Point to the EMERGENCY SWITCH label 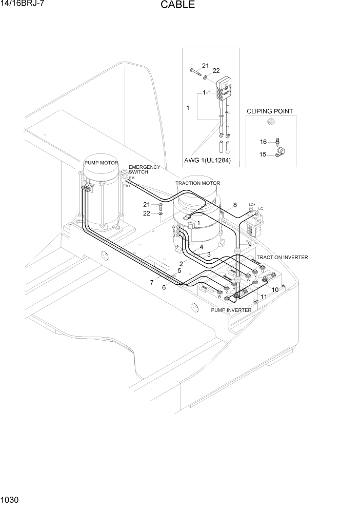[x=144, y=170]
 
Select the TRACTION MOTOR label [x=197, y=183]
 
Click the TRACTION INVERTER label [x=282, y=257]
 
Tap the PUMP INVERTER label [x=231, y=310]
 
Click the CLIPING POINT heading [x=270, y=111]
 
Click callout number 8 [x=235, y=205]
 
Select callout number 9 [x=250, y=244]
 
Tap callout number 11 [x=264, y=297]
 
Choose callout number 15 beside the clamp [x=263, y=154]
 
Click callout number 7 [x=152, y=282]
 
